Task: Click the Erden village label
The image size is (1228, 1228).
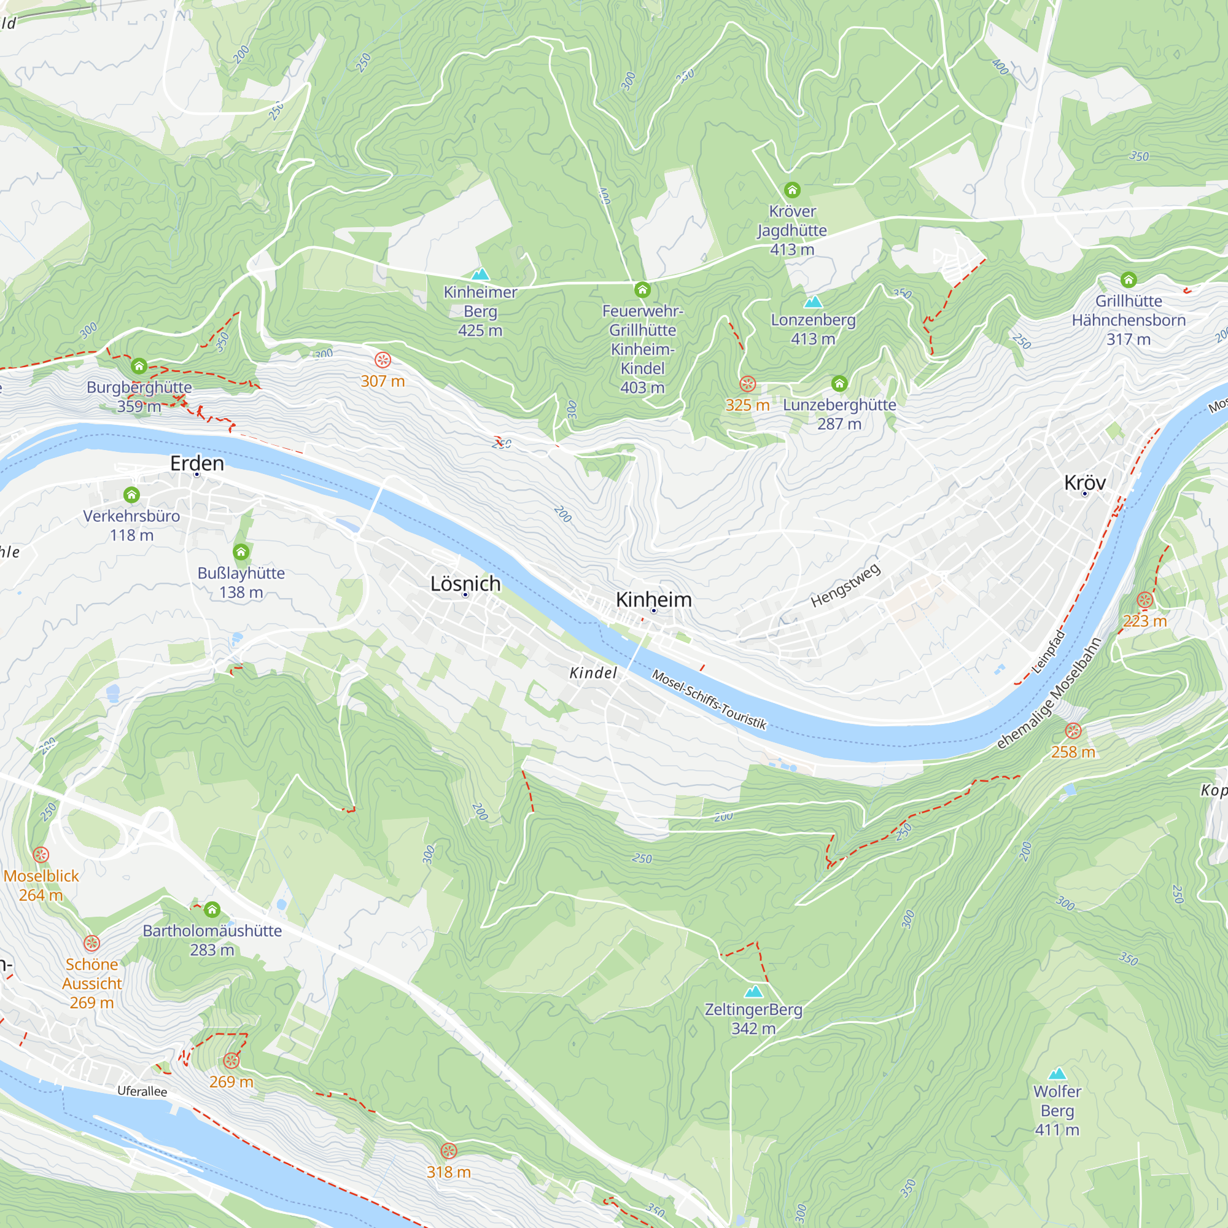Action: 197,464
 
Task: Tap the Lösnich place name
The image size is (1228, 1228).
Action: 465,583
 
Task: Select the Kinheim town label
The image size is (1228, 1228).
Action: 653,599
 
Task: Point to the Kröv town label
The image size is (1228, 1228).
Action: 1084,483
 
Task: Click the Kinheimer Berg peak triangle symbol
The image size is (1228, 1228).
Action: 481,274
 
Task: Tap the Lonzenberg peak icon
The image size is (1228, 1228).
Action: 813,302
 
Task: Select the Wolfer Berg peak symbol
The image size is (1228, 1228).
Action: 1057,1073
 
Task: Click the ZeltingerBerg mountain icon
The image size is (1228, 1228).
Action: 753,992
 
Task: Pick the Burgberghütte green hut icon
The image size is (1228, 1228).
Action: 139,366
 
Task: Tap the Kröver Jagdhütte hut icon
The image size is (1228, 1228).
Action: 792,190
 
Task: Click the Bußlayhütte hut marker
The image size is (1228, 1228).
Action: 241,552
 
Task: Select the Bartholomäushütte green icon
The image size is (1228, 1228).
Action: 212,909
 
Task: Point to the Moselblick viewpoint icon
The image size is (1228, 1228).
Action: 41,855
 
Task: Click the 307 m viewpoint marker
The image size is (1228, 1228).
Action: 383,360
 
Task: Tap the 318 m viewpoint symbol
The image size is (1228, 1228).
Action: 449,1151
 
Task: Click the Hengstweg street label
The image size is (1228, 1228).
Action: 845,585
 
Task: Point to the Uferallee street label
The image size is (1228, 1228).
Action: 142,1090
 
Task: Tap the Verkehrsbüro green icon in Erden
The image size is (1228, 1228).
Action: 131,494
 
